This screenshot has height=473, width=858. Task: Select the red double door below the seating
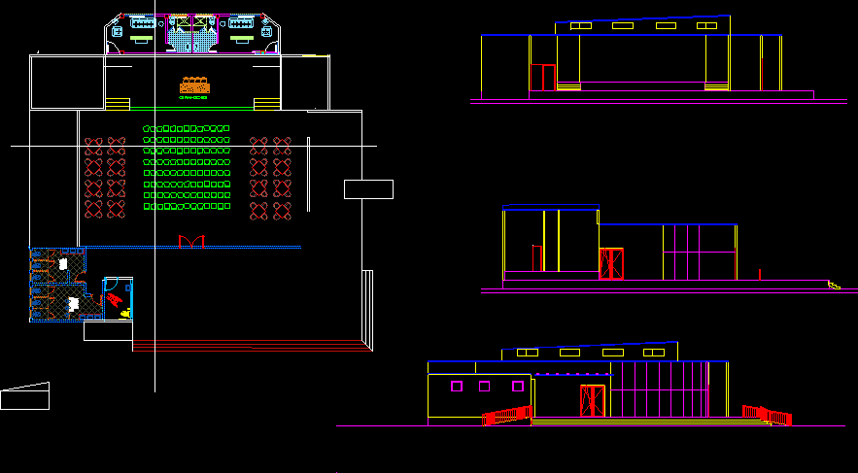click(191, 240)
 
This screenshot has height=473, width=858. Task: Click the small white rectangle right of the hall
click(368, 189)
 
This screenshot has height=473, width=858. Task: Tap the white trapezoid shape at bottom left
click(25, 396)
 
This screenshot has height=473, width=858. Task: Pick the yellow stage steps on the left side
click(118, 103)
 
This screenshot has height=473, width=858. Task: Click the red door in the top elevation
click(542, 78)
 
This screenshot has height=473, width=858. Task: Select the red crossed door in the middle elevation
click(611, 264)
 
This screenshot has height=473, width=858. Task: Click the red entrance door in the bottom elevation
click(592, 401)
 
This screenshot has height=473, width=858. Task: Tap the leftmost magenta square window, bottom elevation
click(456, 387)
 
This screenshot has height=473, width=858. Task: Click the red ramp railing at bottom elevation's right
click(768, 415)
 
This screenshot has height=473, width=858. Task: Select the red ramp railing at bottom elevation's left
click(505, 415)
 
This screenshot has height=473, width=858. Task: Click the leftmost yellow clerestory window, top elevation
click(580, 26)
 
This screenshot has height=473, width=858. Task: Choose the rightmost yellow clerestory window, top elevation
click(707, 25)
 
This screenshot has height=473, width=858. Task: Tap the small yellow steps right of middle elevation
click(834, 285)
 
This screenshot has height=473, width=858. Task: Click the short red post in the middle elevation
click(760, 273)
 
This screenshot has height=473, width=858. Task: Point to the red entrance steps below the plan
click(248, 344)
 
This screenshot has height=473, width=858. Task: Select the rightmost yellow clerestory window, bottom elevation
click(654, 352)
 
